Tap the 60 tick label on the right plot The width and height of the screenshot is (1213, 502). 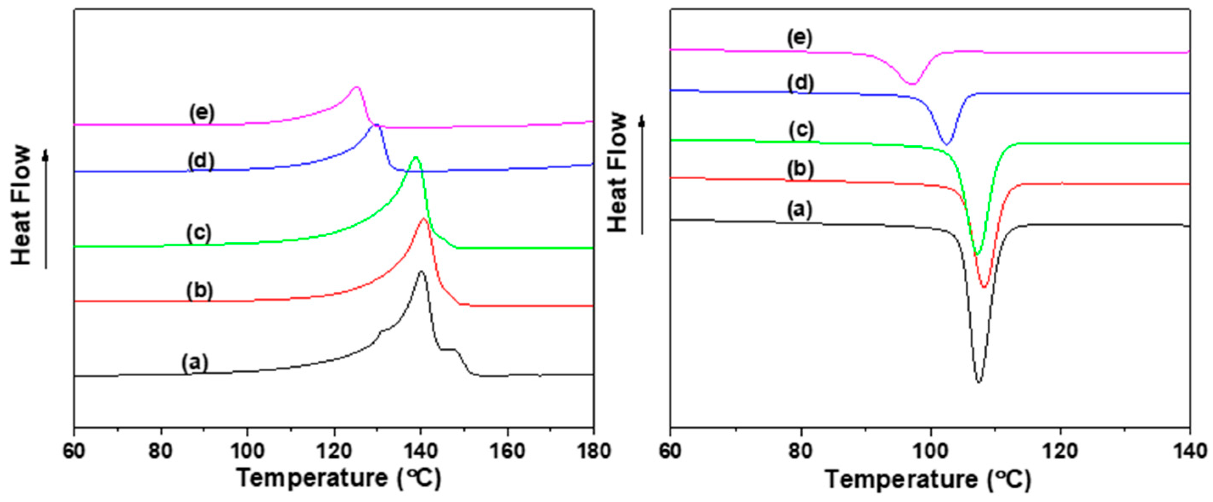tap(670, 451)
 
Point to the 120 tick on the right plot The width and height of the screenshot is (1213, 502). tap(1060, 451)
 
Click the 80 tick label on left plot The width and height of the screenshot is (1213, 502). tap(160, 451)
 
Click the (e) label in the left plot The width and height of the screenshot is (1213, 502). tap(202, 113)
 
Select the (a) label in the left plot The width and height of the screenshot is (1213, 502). tap(195, 363)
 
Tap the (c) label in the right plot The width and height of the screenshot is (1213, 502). tap(801, 130)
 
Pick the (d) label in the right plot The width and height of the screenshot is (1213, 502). tap(801, 83)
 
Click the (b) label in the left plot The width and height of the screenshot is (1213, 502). tap(200, 291)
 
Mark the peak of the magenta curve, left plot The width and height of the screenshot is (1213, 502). tap(356, 87)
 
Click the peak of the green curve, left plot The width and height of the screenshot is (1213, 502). tap(415, 157)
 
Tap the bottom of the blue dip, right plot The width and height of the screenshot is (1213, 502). tap(947, 144)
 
